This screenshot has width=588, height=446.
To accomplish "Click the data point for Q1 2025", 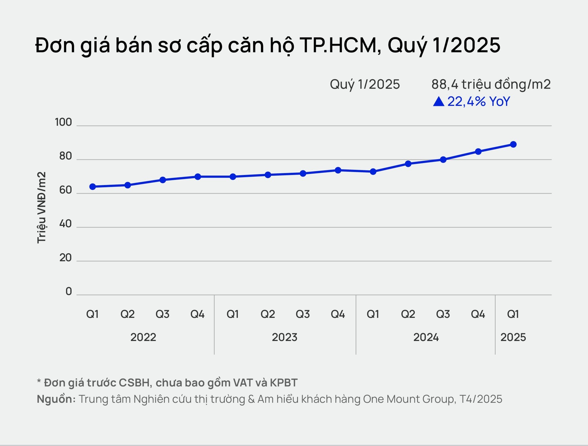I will [x=513, y=144].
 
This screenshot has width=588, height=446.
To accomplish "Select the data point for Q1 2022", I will [x=92, y=187].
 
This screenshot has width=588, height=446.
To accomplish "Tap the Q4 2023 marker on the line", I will [x=338, y=170].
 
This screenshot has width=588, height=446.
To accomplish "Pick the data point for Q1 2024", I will [x=373, y=172].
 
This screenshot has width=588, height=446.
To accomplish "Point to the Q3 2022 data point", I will [x=163, y=180].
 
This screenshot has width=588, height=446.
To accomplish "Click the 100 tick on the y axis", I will [x=63, y=122].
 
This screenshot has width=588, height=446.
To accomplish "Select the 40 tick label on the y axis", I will [x=65, y=224].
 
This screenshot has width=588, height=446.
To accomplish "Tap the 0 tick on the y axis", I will [x=69, y=292].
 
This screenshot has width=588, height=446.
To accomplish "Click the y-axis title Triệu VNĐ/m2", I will [x=41, y=207].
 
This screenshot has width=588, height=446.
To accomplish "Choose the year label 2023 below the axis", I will [x=285, y=337].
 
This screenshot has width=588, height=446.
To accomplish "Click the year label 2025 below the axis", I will [x=513, y=337].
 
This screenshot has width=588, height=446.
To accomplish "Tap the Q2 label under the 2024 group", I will [x=408, y=314].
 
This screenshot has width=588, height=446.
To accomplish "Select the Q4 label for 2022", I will [x=198, y=314].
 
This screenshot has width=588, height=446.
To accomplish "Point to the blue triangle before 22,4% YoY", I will [x=439, y=101].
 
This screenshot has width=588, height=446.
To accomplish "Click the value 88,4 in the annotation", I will [x=445, y=84].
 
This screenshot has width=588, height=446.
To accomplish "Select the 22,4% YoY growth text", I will [x=479, y=101].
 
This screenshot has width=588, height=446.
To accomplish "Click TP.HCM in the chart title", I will [x=340, y=45].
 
